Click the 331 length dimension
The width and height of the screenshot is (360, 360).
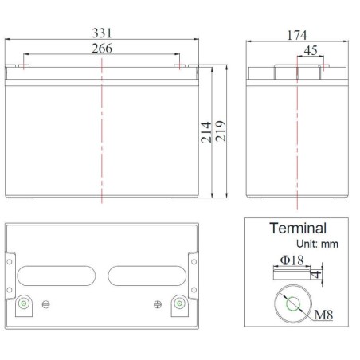(102, 33)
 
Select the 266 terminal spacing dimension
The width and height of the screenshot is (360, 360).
(102, 49)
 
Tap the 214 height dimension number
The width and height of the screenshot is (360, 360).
(206, 132)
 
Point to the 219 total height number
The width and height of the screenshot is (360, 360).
(221, 131)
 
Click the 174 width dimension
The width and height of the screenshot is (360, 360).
(297, 35)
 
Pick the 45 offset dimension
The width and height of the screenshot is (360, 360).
(311, 50)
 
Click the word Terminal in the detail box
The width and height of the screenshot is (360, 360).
(298, 228)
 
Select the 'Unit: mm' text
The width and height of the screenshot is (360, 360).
(317, 244)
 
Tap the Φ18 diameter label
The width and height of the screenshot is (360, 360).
(292, 260)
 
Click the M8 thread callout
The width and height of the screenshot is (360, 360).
(323, 315)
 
